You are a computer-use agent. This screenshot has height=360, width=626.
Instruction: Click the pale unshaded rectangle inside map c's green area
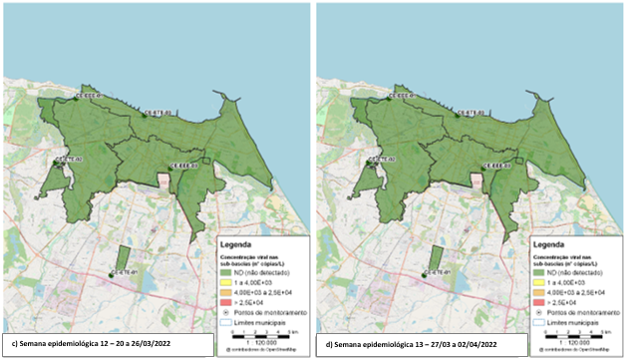coord(163,181)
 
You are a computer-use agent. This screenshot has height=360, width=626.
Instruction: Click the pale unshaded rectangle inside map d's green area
coord(475,181)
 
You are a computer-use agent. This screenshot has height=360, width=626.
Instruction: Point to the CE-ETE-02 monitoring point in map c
coord(56,160)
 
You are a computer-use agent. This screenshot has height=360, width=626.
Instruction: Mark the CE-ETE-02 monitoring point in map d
coord(368,160)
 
